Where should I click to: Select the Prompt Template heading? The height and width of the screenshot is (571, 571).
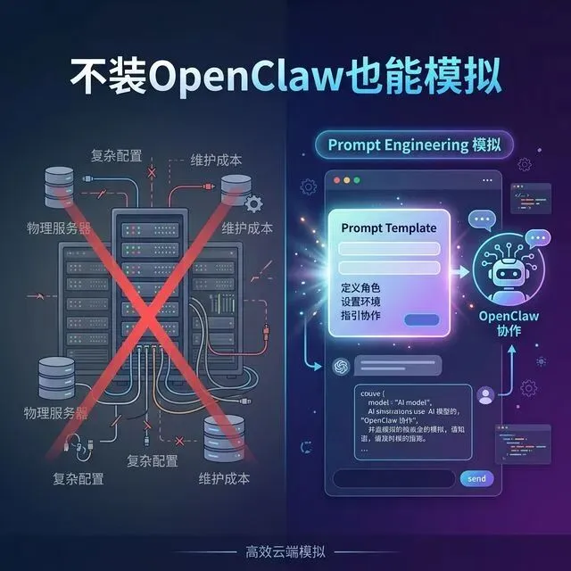[x=388, y=228]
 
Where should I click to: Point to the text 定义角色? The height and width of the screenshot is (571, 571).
[x=360, y=288]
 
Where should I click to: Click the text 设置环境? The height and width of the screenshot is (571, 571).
[x=360, y=303]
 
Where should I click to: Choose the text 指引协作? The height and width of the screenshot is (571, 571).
[x=360, y=318]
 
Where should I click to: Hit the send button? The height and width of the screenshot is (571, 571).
[x=476, y=479]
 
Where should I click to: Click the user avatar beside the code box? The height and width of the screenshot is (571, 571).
[x=486, y=394]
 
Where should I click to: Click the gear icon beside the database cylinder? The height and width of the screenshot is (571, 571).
[x=252, y=203]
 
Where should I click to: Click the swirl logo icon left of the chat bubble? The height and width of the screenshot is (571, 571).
[x=339, y=366]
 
